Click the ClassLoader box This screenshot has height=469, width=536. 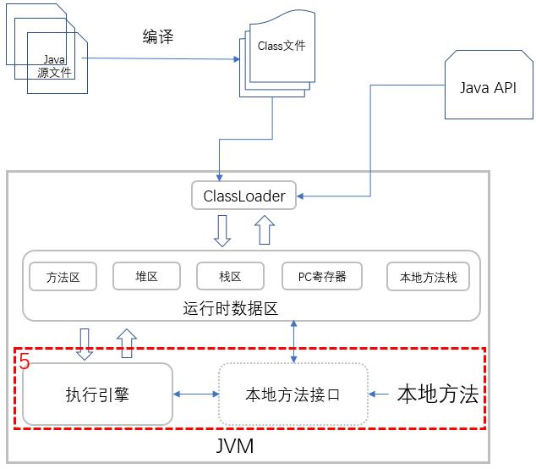243,196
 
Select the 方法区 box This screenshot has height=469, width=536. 63,276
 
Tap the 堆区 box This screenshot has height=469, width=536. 146,276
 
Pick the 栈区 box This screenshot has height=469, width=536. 231,276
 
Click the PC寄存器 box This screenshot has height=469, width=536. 322,276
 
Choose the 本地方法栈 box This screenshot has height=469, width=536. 428,276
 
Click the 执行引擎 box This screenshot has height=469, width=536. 97,394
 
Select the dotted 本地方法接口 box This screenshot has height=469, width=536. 293,395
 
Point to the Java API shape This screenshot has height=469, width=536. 487,88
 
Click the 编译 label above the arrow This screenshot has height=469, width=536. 161,36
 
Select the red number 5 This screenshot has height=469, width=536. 25,362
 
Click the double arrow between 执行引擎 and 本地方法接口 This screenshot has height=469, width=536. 195,395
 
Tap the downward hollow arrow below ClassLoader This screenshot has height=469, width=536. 222,230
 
